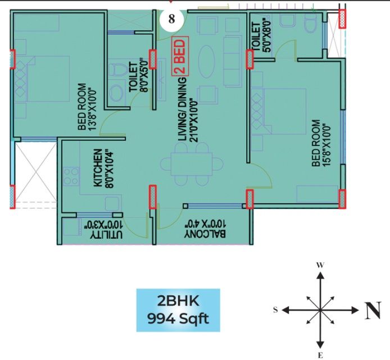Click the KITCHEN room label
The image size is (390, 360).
[98, 168]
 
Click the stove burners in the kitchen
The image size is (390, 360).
[71, 176]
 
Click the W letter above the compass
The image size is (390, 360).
[320, 265]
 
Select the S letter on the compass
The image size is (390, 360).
[276, 309]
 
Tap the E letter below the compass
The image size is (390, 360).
[320, 355]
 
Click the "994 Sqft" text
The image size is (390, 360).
[178, 319]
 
